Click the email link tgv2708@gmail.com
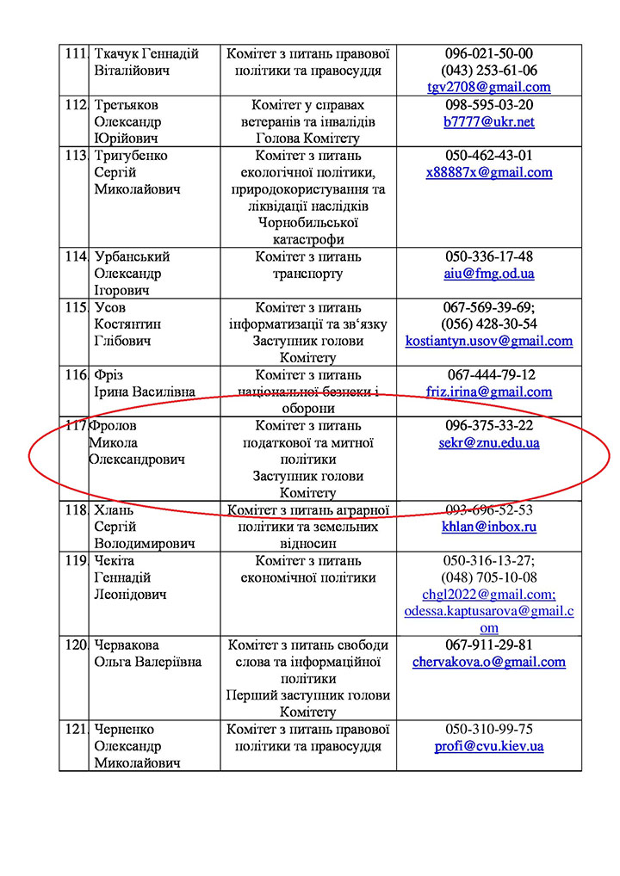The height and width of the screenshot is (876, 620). (488, 87)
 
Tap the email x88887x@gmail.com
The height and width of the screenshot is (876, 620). (488, 172)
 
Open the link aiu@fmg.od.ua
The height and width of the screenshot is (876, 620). (488, 273)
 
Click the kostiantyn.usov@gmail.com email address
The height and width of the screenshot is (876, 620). (488, 341)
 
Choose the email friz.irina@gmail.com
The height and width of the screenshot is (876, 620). (488, 392)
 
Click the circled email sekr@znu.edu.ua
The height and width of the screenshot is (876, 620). (488, 442)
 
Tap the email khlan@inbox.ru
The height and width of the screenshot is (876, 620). (488, 527)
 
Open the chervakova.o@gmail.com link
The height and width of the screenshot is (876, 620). (488, 662)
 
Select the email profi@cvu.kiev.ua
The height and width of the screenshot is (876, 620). (488, 746)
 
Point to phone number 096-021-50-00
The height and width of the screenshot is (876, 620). (488, 53)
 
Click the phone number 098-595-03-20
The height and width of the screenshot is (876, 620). (488, 105)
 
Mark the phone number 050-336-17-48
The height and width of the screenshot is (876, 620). (488, 256)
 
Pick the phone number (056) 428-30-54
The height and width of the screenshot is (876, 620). (488, 324)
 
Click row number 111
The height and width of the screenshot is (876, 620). (76, 53)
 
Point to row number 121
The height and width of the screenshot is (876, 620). (76, 729)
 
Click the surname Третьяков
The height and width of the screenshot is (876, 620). (127, 105)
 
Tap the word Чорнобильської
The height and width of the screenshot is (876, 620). (307, 223)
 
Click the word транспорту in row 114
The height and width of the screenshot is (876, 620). (307, 274)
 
